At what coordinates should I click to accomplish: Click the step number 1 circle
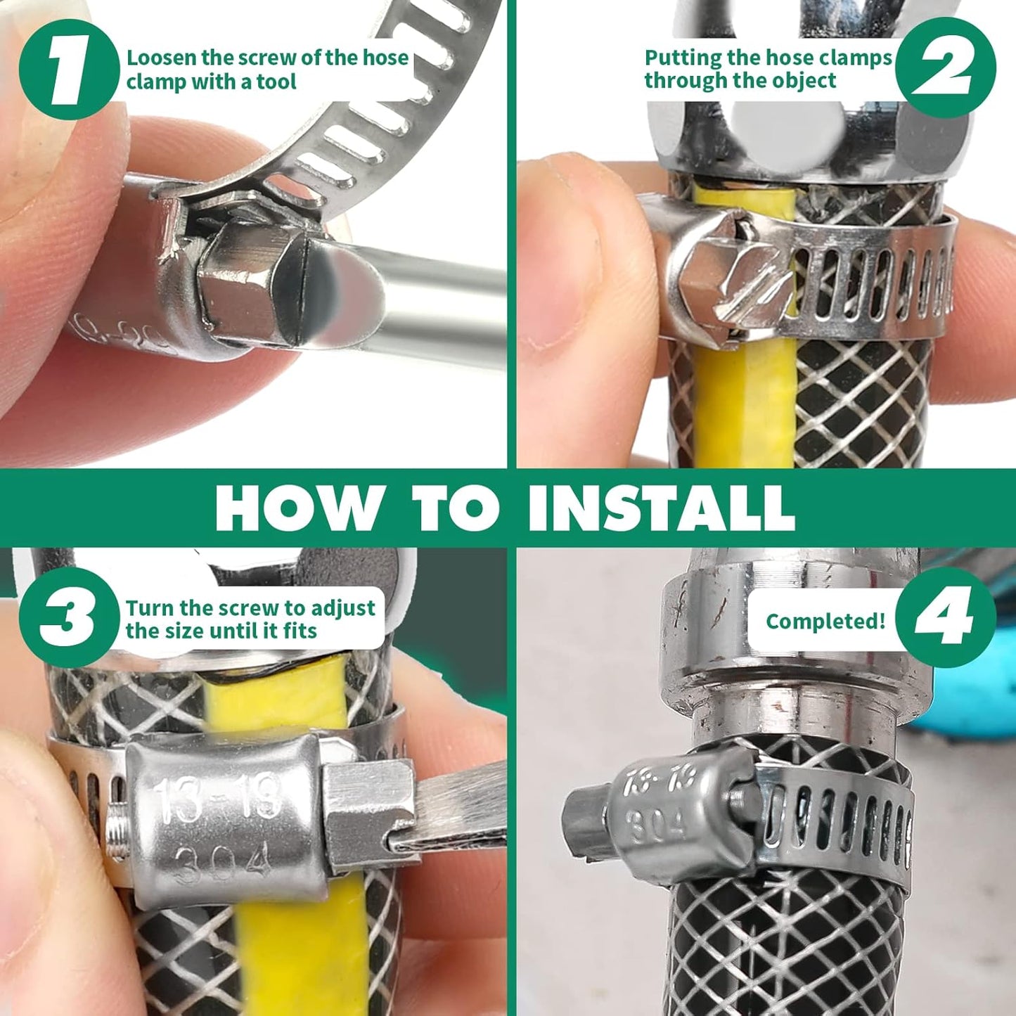[69, 69]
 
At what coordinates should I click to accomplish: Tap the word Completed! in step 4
[825, 622]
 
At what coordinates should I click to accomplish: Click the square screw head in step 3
[366, 802]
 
